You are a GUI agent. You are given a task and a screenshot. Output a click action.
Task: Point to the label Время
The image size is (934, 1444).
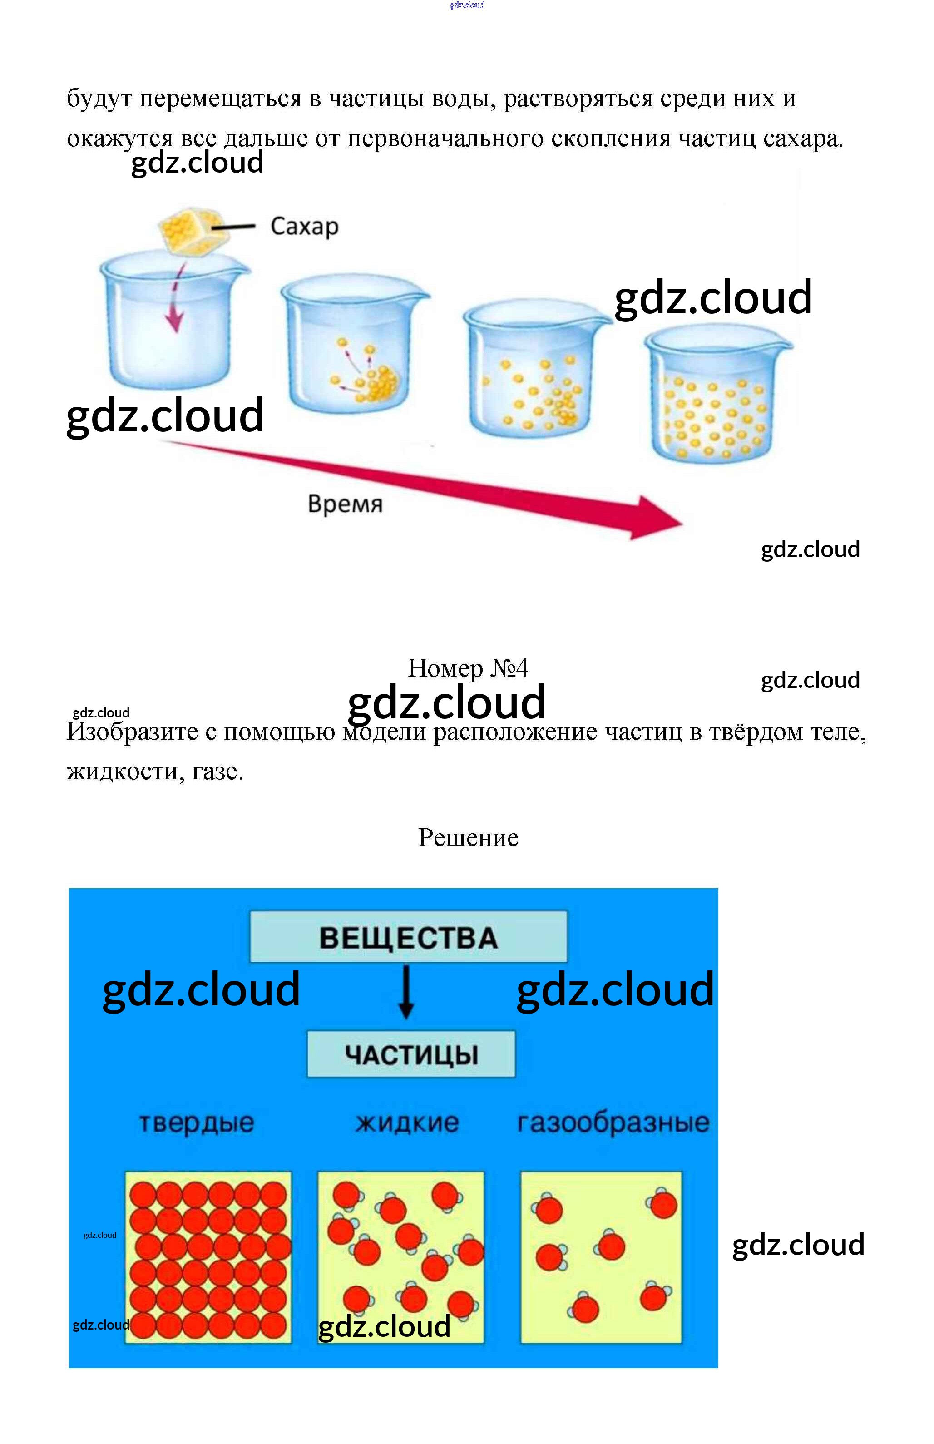click(345, 504)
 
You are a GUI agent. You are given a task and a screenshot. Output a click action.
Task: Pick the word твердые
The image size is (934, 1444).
click(197, 1123)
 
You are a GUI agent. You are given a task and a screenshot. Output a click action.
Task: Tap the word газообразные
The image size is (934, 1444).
click(613, 1123)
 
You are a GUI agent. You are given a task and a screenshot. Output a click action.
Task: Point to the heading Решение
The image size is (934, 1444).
click(468, 837)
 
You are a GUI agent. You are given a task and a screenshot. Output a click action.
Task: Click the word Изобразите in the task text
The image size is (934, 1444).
click(132, 732)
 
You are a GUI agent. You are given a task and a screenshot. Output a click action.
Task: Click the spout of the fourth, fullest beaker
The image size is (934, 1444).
click(786, 346)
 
